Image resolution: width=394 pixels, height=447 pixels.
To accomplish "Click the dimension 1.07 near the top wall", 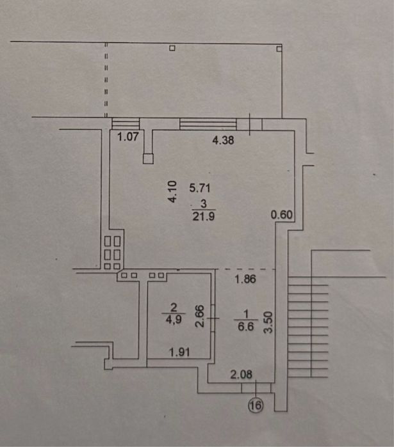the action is pyautogui.click(x=128, y=137).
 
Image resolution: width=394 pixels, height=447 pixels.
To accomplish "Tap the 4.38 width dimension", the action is pyautogui.click(x=223, y=140).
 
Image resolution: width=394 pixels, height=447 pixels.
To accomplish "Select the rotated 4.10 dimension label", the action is pyautogui.click(x=172, y=192).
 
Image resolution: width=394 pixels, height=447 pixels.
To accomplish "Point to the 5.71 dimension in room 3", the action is pyautogui.click(x=200, y=188).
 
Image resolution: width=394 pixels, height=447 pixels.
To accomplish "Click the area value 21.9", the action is pyautogui.click(x=204, y=216).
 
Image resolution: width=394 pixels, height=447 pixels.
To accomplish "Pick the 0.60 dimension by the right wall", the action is pyautogui.click(x=282, y=215).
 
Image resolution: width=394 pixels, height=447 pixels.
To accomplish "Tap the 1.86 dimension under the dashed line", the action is pyautogui.click(x=245, y=279).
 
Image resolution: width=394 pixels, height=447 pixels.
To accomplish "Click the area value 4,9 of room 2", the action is pyautogui.click(x=174, y=319).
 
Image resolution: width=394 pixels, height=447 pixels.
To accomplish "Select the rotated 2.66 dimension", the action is pyautogui.click(x=200, y=316).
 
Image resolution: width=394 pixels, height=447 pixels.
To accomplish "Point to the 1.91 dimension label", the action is pyautogui.click(x=179, y=352).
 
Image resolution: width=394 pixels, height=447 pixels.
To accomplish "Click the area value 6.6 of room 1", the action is pyautogui.click(x=246, y=326).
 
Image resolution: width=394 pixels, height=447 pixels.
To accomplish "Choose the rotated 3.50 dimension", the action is pyautogui.click(x=268, y=322).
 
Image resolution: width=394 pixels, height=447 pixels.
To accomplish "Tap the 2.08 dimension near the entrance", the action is pyautogui.click(x=242, y=374).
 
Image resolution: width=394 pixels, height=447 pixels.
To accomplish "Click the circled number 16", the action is pyautogui.click(x=256, y=405).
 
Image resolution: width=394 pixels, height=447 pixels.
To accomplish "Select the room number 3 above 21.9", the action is pyautogui.click(x=204, y=203).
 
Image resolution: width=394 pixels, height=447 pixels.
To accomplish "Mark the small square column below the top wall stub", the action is pyautogui.click(x=148, y=159).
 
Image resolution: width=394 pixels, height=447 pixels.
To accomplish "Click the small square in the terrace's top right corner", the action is pyautogui.click(x=279, y=49).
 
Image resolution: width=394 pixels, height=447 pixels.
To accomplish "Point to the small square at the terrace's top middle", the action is pyautogui.click(x=172, y=48).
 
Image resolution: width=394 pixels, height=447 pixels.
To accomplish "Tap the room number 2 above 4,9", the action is pyautogui.click(x=174, y=308).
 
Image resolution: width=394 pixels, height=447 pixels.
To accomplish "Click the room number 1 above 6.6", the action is pyautogui.click(x=246, y=314).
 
